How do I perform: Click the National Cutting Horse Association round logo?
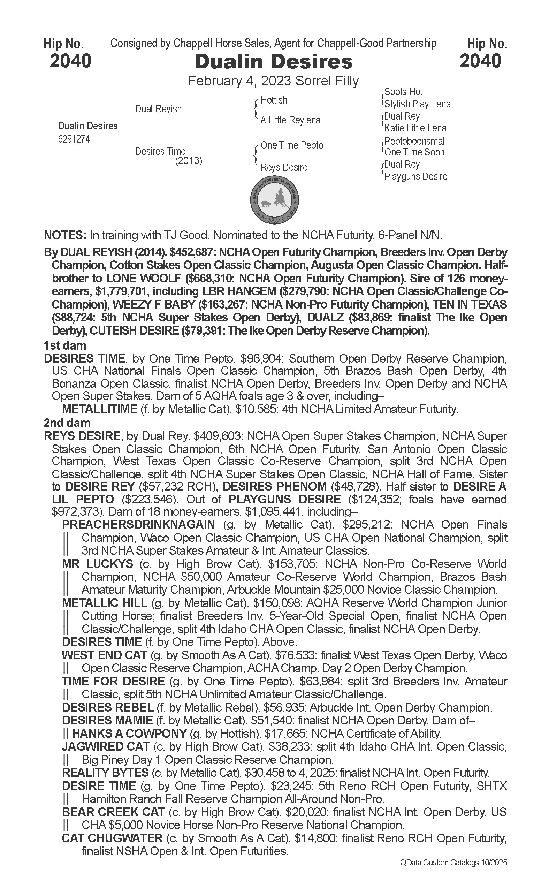click(275, 200)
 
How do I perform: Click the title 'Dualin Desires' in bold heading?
click(274, 61)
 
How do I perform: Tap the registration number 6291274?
click(74, 139)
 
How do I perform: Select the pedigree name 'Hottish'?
click(274, 100)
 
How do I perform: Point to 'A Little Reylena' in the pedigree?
click(290, 120)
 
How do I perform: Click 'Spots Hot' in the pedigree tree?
click(403, 92)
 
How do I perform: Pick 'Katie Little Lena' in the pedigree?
click(415, 128)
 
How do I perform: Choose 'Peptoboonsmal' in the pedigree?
click(414, 141)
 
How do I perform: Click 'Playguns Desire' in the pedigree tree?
click(416, 177)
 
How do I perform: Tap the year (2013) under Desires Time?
click(189, 160)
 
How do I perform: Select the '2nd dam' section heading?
click(67, 423)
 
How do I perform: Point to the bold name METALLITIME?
click(99, 409)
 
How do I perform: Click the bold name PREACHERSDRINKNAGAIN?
click(138, 524)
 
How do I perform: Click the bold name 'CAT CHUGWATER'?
click(112, 838)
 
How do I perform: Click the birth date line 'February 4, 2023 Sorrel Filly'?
click(273, 81)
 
